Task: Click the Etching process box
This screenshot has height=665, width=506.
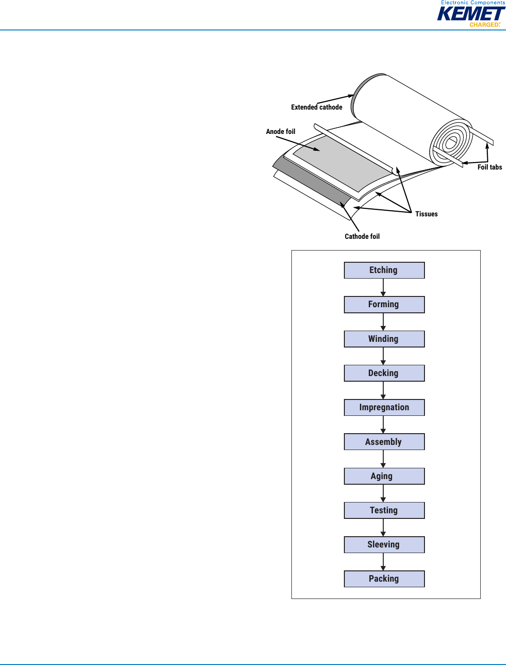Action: [x=384, y=270]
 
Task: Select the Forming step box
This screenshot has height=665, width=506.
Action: [x=384, y=304]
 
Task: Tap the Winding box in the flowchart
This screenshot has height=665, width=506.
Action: [x=384, y=339]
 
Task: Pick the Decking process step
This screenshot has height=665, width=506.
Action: [x=384, y=373]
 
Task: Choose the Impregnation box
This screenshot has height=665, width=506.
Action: [x=384, y=407]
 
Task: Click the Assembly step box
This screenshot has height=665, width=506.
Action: [x=384, y=442]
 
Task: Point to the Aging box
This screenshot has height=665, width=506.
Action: [x=384, y=476]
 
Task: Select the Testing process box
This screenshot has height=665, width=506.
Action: [x=384, y=510]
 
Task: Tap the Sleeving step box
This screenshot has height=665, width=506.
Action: [x=384, y=545]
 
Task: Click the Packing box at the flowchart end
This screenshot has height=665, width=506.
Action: [x=384, y=579]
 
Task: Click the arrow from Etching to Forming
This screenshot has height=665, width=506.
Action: [x=383, y=288]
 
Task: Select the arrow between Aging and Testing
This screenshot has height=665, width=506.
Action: [x=383, y=493]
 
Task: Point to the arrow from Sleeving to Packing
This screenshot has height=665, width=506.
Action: [x=383, y=562]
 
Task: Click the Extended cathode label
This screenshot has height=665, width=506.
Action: [x=317, y=107]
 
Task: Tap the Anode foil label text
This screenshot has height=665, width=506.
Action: [x=281, y=132]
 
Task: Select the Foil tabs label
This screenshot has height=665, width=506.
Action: [x=490, y=167]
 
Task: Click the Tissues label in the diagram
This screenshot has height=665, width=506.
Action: [x=426, y=214]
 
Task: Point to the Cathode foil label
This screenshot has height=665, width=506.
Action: [x=362, y=236]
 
